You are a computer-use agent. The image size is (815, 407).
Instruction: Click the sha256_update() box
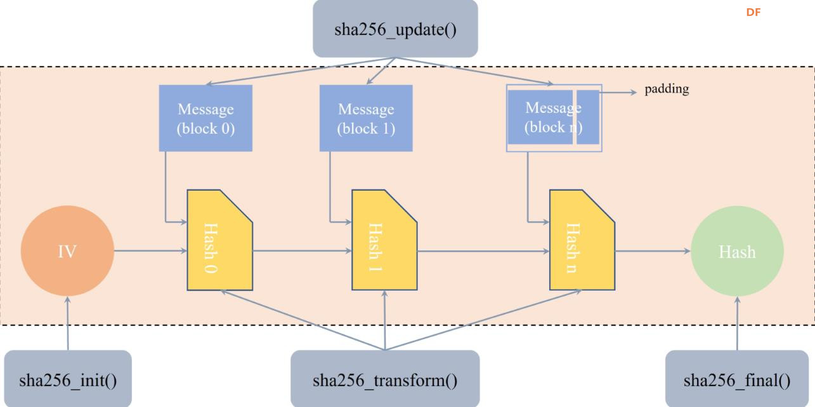tap(394, 29)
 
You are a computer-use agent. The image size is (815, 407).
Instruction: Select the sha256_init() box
tap(68, 380)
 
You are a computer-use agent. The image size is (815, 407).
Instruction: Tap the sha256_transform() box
tap(385, 380)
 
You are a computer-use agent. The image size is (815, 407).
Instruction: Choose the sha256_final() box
tap(736, 380)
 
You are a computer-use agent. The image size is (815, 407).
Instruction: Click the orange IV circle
tap(67, 251)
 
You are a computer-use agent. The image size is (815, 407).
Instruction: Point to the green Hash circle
tap(736, 251)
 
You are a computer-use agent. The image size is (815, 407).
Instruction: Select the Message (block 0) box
tap(205, 118)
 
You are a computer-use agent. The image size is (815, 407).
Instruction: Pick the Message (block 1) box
tap(366, 118)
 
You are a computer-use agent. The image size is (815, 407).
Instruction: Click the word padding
tap(667, 89)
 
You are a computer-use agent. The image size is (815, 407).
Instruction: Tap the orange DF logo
tap(753, 12)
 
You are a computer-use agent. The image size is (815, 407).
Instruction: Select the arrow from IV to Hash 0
tap(150, 251)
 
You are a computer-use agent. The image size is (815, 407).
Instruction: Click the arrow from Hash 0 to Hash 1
tap(303, 251)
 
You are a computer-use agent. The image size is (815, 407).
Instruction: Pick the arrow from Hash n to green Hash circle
tap(652, 251)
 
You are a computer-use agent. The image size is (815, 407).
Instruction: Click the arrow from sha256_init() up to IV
tap(67, 323)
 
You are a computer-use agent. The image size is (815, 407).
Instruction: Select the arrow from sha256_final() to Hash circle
tap(736, 323)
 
